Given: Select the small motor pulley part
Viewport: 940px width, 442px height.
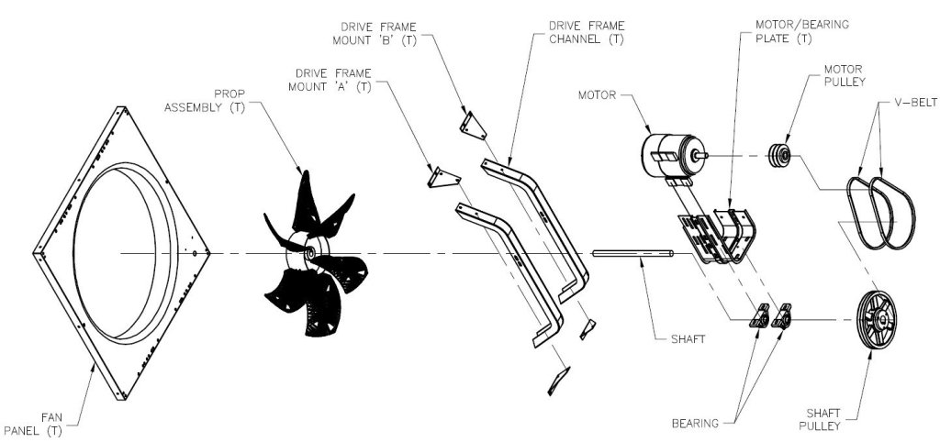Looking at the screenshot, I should pos(782,157).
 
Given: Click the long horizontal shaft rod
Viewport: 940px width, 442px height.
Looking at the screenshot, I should pos(633,254).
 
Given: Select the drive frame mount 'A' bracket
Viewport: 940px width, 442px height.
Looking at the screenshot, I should pos(438,176).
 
